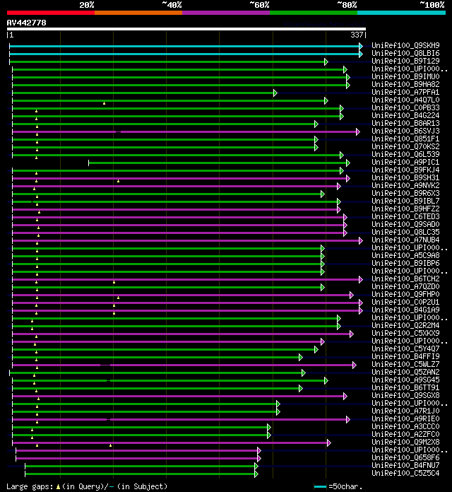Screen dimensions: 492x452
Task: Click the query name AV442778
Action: [27, 23]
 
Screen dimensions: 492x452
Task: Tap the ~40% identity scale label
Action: [172, 5]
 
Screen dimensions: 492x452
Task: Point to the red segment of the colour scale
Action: [50, 12]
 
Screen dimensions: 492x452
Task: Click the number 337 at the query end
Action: [357, 35]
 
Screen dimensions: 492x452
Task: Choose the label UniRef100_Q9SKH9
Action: [405, 46]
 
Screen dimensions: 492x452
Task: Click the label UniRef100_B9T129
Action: [405, 61]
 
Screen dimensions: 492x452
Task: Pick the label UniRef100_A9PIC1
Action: [405, 163]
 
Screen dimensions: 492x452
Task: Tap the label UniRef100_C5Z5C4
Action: [405, 474]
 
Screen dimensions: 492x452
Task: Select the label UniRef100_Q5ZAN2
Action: [405, 373]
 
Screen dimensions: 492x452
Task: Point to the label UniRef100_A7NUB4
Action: [405, 240]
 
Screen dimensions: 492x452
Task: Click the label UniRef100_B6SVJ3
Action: [405, 131]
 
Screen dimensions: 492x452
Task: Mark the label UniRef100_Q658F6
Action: [405, 458]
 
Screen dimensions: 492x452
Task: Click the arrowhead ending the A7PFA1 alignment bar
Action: [275, 93]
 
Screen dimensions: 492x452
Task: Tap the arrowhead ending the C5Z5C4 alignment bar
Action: [256, 474]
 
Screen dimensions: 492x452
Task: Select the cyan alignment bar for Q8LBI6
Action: [184, 54]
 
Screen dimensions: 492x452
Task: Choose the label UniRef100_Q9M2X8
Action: [405, 443]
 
